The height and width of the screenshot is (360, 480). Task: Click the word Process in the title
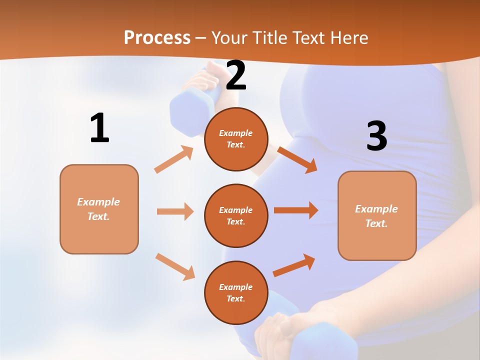point(157,37)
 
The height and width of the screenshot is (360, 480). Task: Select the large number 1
point(99,128)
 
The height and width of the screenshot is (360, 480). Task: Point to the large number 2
point(236,76)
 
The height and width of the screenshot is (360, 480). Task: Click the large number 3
point(376,136)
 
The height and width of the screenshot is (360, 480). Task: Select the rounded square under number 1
point(99,209)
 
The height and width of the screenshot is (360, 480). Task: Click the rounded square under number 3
point(377,215)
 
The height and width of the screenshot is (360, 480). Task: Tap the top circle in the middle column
point(236,139)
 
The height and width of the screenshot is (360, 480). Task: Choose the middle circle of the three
point(236,215)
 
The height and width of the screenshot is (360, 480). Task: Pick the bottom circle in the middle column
point(236,292)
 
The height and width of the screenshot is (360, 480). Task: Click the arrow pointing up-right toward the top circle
point(174,159)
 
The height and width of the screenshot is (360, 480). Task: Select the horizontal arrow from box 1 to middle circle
point(175,211)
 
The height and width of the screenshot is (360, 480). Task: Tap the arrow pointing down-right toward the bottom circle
point(175,266)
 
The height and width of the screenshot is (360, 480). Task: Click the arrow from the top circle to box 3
point(297,159)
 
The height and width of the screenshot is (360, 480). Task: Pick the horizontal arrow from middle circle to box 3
point(296,210)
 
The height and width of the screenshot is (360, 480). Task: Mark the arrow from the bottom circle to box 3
point(294,265)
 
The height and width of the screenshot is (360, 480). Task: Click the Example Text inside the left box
point(98,209)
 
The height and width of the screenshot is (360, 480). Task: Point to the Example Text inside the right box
point(376,216)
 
